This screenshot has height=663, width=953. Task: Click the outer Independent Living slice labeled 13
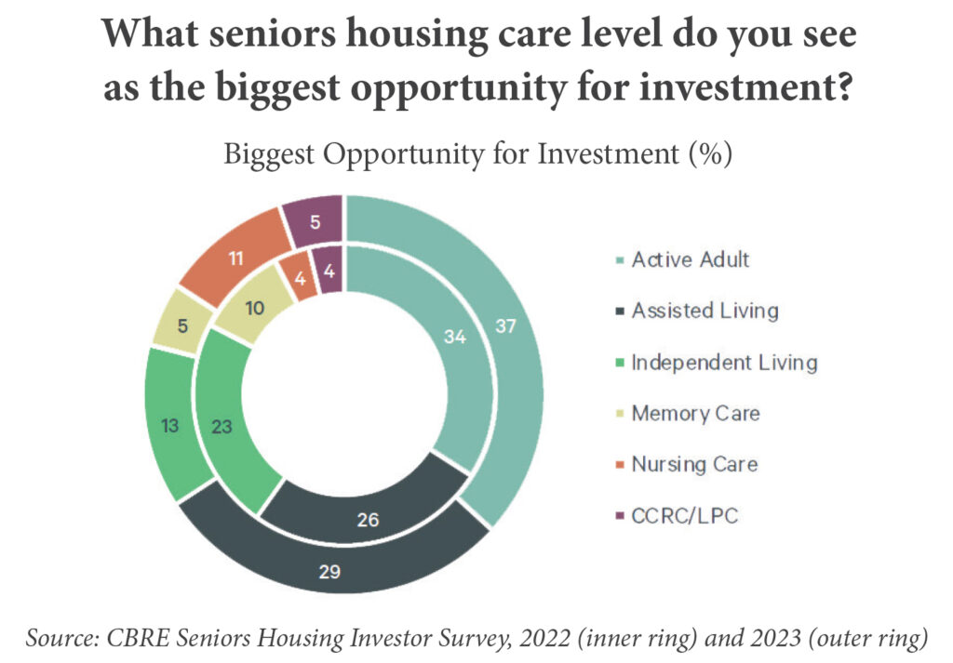[170, 425]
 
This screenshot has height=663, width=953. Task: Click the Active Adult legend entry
[682, 259]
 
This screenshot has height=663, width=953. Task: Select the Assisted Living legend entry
[697, 311]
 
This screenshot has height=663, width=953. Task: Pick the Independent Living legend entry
[717, 363]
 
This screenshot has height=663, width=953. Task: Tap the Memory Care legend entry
[688, 414]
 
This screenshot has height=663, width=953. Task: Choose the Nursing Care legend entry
[687, 464]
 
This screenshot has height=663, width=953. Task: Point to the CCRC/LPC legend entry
[678, 516]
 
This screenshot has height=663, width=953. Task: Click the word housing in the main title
[417, 34]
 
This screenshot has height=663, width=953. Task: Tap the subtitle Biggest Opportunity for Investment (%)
[477, 154]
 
